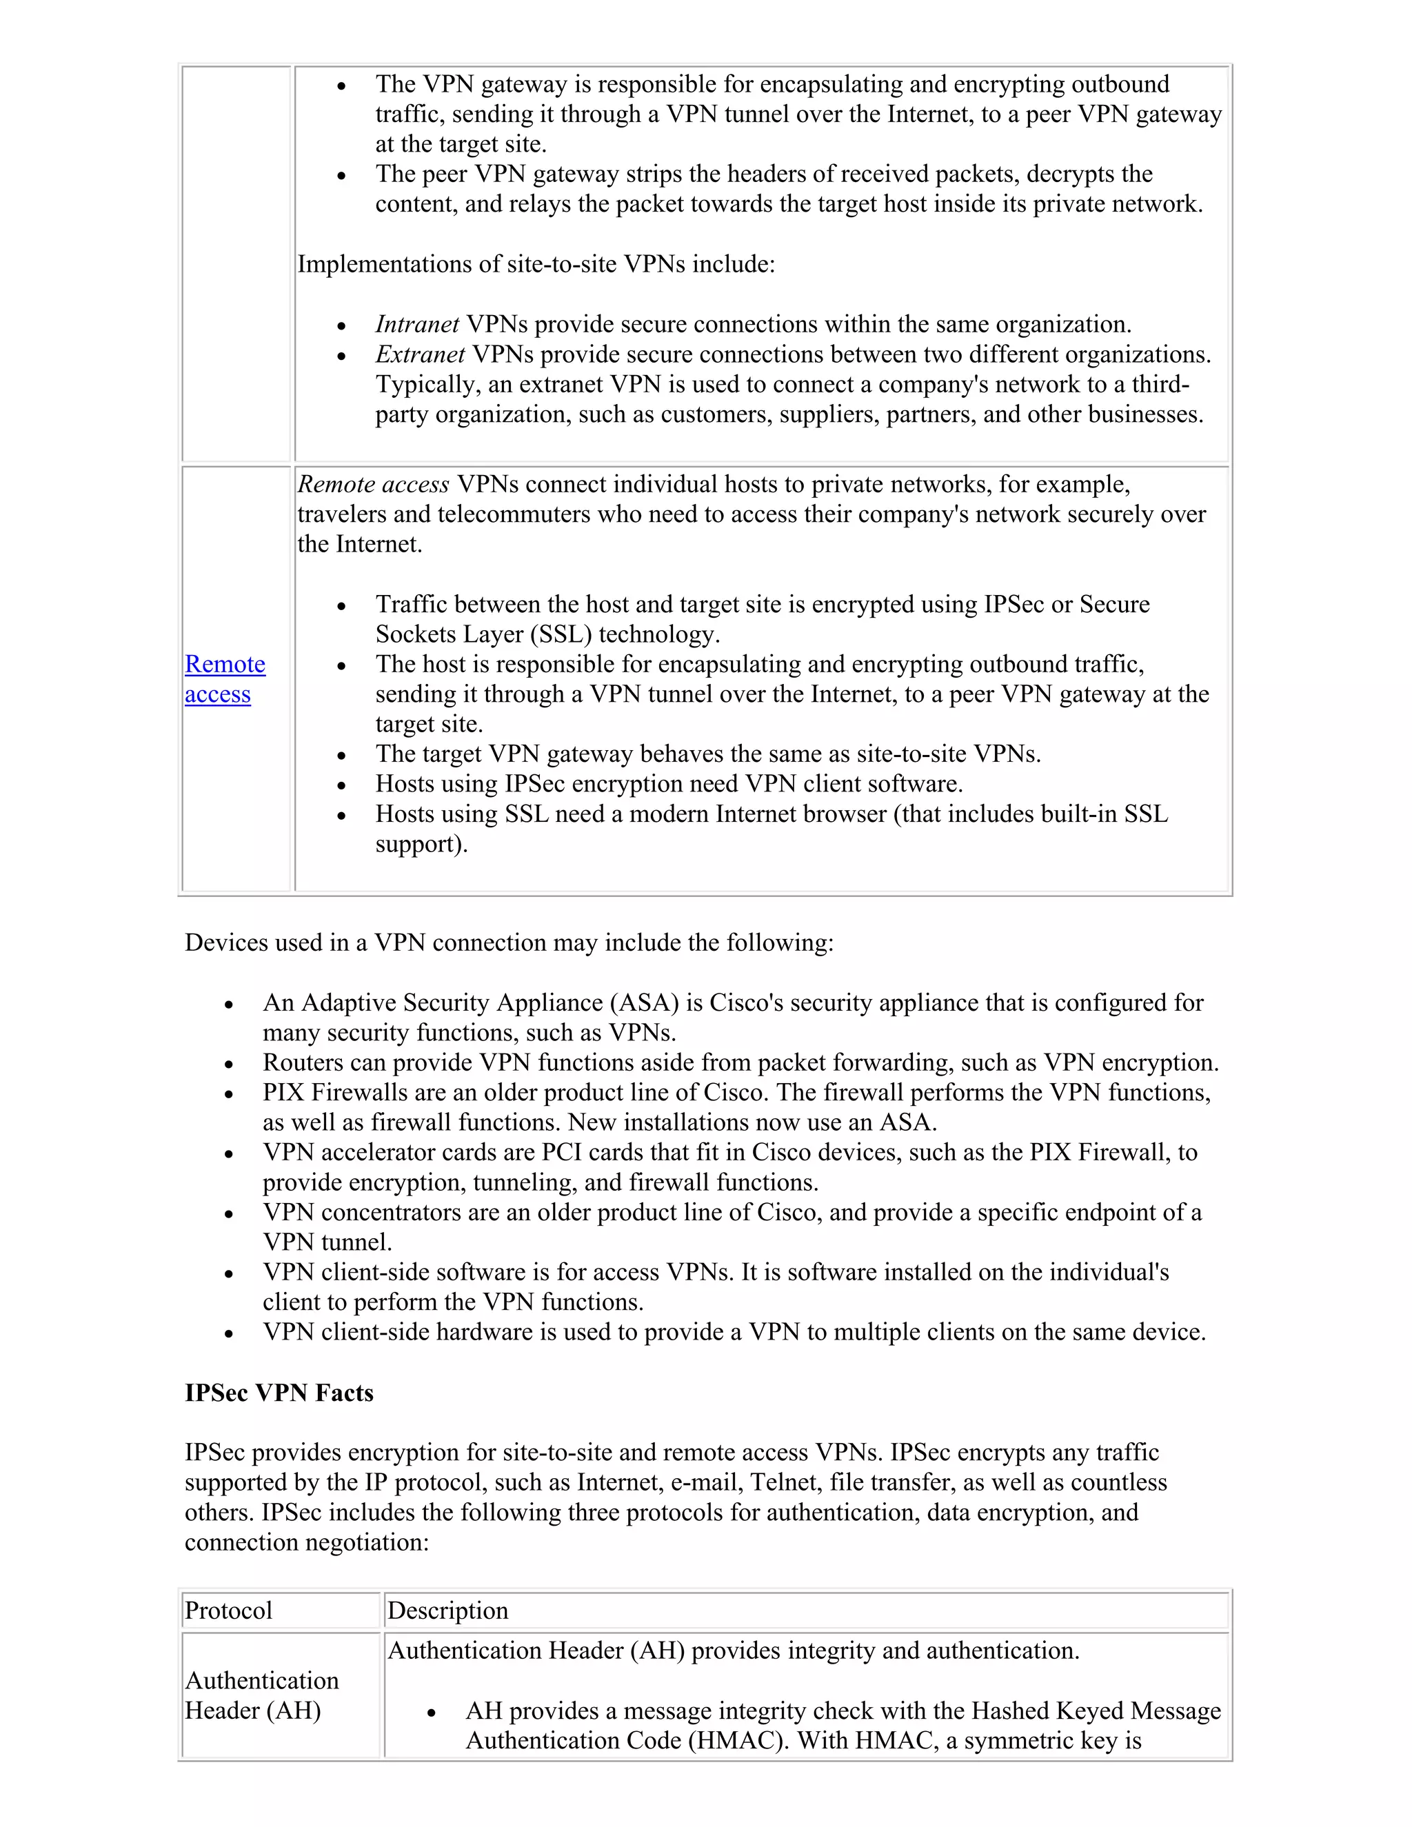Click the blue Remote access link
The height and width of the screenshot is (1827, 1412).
[x=224, y=678]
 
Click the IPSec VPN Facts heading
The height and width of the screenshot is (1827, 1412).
[x=279, y=1393]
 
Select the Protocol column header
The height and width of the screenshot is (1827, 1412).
[x=228, y=1611]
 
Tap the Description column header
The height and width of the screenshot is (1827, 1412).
[x=447, y=1611]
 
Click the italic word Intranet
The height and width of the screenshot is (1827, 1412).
[x=416, y=325]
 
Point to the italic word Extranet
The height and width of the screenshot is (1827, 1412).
[x=420, y=354]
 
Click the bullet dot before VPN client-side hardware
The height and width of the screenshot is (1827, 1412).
[x=229, y=1333]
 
